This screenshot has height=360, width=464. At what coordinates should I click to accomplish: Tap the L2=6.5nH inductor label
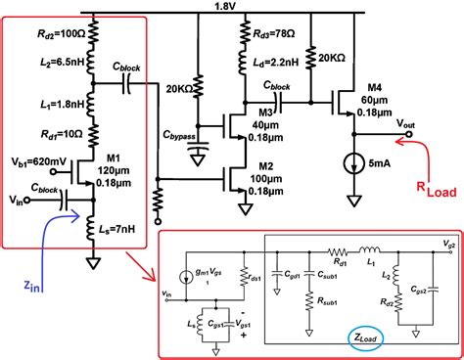coord(51,62)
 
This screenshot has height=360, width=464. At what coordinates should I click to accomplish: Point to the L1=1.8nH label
coord(51,103)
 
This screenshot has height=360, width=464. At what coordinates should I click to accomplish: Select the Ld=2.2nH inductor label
coord(268,64)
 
